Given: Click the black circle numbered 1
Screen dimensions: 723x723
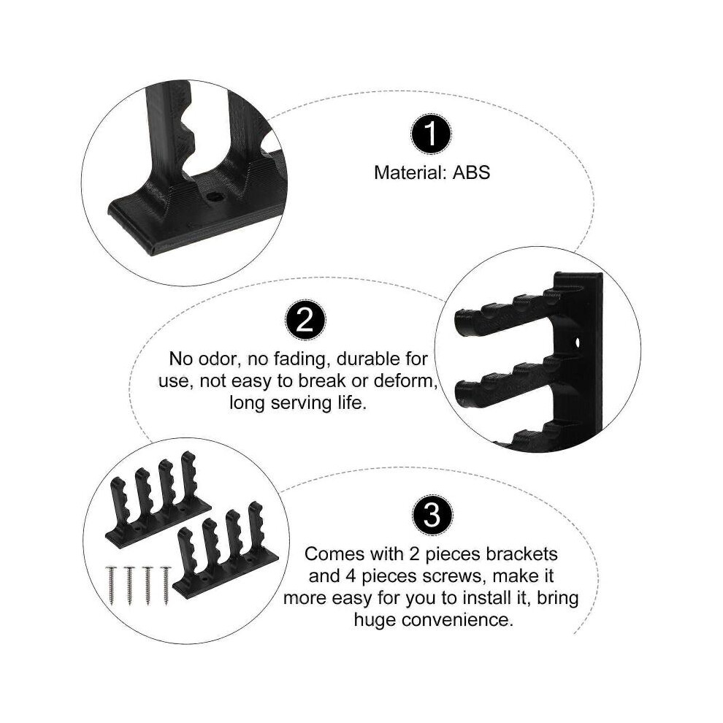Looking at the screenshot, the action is [431, 134].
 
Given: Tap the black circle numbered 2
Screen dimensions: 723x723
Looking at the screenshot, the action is [305, 320].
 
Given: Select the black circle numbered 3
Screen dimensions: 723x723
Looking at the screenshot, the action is [432, 515].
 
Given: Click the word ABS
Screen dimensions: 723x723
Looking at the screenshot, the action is [471, 173].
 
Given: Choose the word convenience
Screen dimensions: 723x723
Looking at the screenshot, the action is [457, 620].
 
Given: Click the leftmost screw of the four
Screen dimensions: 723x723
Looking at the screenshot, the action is [111, 585].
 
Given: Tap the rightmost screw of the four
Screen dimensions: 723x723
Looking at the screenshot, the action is [166, 585].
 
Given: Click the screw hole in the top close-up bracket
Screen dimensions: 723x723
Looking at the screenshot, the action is [214, 197].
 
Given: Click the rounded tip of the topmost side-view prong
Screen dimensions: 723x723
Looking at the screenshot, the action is [462, 321].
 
